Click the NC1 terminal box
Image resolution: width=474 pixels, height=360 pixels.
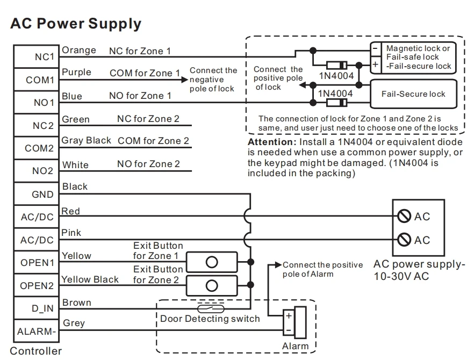(37, 57)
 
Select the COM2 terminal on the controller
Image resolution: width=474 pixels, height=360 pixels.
(37, 148)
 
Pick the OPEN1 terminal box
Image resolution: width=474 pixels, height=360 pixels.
(37, 263)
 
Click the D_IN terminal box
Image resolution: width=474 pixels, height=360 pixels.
(37, 308)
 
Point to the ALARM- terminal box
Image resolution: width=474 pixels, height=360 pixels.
(37, 332)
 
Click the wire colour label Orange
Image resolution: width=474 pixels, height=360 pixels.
(79, 51)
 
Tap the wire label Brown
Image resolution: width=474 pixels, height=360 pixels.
(77, 303)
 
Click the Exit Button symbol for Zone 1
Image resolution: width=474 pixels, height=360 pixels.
(212, 262)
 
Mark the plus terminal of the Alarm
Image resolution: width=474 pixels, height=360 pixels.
(288, 316)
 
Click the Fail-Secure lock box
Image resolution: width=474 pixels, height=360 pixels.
(413, 93)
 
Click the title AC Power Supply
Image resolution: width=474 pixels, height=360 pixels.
(76, 24)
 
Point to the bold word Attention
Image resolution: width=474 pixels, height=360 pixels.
(270, 142)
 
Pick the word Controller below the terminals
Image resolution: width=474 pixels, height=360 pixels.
(36, 352)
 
